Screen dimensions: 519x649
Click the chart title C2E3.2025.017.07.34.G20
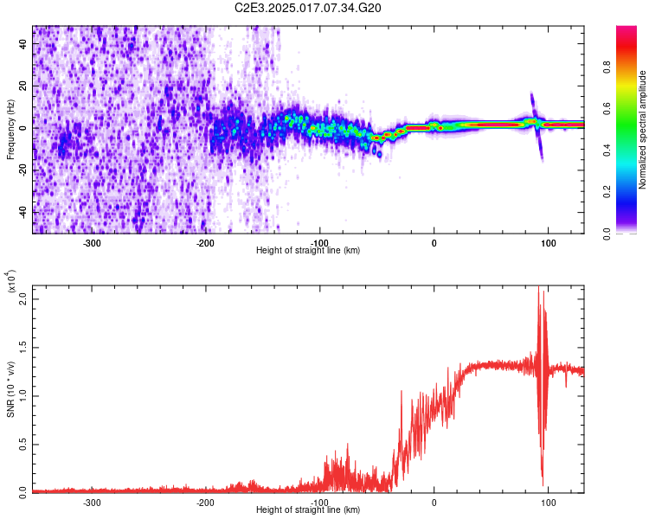pyautogui.click(x=308, y=8)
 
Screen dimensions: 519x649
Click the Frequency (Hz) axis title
pyautogui.click(x=11, y=130)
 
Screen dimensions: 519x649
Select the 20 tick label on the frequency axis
pyautogui.click(x=23, y=86)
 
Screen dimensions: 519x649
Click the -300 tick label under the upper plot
pyautogui.click(x=92, y=243)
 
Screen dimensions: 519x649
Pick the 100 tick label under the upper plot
pyautogui.click(x=548, y=243)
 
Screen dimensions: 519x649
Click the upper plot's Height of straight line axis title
pyautogui.click(x=308, y=251)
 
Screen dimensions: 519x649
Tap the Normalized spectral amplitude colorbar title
pyautogui.click(x=643, y=130)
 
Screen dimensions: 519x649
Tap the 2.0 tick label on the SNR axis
pyautogui.click(x=23, y=298)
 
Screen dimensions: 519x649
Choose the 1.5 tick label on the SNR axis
pyautogui.click(x=23, y=346)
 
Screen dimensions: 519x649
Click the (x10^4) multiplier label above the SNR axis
pyautogui.click(x=11, y=282)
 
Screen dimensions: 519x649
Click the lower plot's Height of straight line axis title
pyautogui.click(x=308, y=510)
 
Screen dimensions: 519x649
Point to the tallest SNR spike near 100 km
pyautogui.click(x=538, y=288)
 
